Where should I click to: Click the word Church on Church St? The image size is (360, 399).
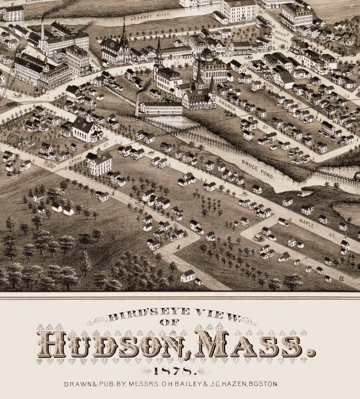click(227, 106)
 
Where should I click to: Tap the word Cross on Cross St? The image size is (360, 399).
click(76, 159)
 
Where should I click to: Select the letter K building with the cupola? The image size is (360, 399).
click(98, 160)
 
